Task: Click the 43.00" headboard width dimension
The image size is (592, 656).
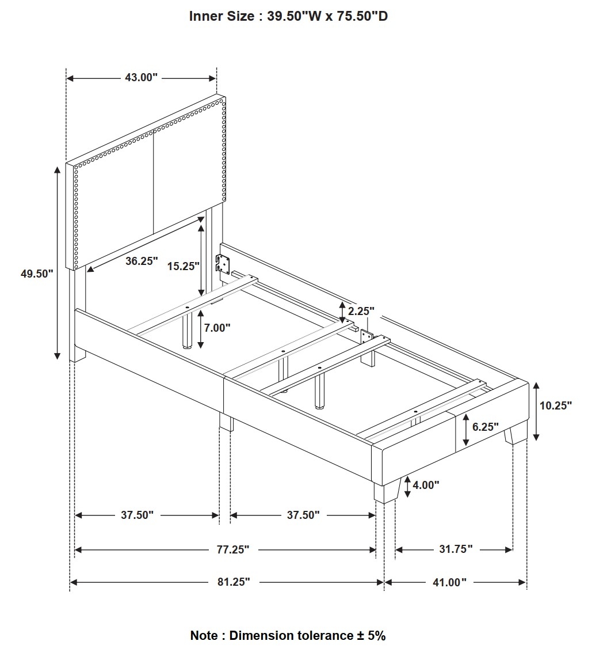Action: tap(141, 77)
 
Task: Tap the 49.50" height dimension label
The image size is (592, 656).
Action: tap(37, 274)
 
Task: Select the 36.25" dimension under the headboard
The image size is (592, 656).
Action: tap(142, 261)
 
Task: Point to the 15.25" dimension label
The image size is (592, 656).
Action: tap(183, 266)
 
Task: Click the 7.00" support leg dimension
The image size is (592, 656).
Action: tap(217, 328)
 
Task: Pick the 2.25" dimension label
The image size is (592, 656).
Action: tap(361, 311)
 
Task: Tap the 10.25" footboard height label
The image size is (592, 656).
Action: tap(556, 405)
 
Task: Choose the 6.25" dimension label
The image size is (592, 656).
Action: tap(486, 427)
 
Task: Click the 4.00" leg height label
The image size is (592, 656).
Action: tap(426, 485)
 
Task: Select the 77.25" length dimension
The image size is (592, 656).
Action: tap(232, 549)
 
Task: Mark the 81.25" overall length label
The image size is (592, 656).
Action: tap(234, 582)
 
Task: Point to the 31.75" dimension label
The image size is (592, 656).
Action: tap(456, 549)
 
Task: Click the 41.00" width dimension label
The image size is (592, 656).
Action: tap(449, 582)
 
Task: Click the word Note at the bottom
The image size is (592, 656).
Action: tap(204, 635)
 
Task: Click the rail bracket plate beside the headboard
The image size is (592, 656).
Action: tap(223, 264)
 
